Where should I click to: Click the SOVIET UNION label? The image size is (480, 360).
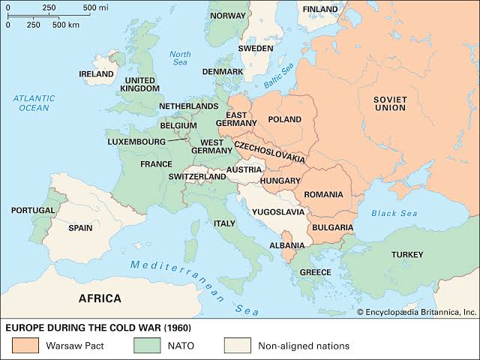[390, 103]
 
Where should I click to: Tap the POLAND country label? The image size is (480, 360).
[284, 119]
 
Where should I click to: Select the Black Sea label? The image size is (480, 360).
[393, 213]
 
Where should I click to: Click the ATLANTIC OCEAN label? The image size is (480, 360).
[33, 103]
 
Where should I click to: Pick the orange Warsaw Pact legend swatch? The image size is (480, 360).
[24, 346]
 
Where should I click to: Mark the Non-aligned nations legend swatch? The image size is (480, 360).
[235, 346]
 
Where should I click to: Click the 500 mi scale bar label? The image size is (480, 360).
[95, 7]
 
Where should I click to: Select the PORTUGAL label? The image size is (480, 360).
[32, 211]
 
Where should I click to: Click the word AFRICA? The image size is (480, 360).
[100, 298]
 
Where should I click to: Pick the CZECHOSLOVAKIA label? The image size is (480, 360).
[270, 152]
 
